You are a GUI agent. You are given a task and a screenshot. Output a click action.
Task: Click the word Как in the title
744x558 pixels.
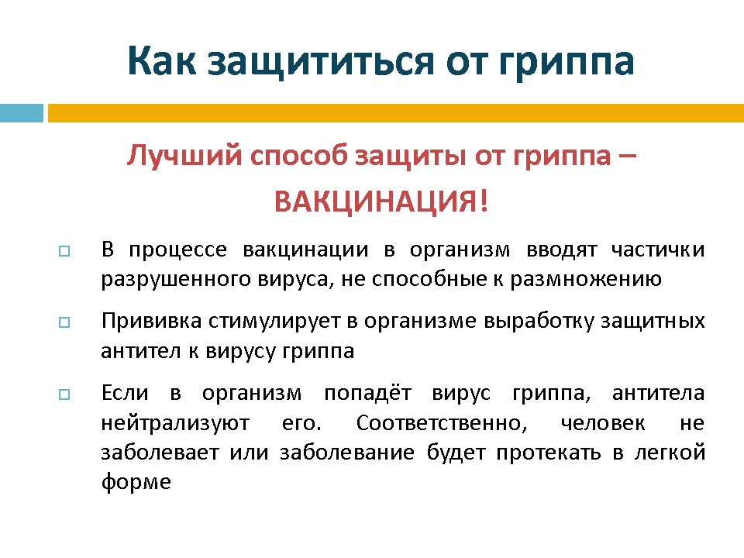161,60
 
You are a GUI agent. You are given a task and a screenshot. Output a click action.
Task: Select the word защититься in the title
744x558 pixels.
321,62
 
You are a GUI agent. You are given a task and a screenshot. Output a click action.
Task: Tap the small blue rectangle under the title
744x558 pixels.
22,113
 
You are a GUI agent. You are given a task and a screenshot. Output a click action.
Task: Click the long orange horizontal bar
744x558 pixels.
396,113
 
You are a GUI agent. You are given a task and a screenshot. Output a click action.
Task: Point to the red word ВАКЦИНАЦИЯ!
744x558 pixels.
381,201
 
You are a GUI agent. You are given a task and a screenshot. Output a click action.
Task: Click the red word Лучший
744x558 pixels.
184,156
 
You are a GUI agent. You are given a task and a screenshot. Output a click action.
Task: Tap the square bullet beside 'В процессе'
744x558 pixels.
64,251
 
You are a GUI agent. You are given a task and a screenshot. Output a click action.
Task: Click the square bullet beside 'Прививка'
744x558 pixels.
64,322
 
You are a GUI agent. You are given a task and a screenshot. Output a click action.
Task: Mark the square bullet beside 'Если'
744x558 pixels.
64,394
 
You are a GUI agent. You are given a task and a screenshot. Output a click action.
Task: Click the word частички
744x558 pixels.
658,250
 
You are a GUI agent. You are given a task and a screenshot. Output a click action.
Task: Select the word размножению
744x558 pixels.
586,280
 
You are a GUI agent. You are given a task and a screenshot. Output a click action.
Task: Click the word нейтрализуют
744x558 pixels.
175,423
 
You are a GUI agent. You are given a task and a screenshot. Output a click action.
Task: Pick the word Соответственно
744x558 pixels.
442,423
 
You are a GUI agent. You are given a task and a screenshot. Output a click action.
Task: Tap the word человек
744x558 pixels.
603,423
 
